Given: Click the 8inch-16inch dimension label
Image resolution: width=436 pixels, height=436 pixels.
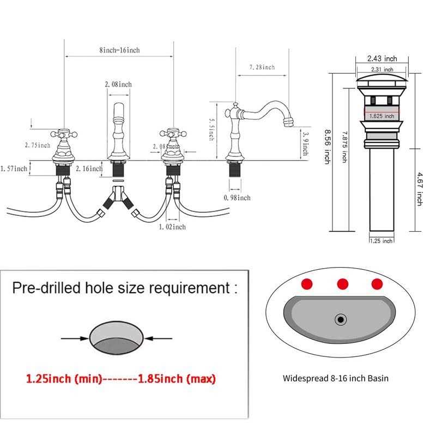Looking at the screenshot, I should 119,50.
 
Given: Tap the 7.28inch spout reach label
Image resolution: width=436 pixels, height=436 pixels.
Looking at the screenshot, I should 262,67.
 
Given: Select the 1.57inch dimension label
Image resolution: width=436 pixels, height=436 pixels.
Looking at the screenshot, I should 14,169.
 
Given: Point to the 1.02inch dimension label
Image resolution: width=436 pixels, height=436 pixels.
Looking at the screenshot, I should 172,226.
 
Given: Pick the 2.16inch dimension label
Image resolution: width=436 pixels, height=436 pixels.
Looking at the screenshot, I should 89,169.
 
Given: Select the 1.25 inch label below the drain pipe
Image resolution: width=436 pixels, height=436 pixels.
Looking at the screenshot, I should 381,241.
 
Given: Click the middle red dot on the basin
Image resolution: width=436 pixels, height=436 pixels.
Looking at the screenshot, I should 343,283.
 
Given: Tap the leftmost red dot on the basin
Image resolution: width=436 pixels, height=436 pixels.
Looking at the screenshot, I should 308,283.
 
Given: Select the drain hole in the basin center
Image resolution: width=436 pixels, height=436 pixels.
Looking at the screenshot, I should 341,317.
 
